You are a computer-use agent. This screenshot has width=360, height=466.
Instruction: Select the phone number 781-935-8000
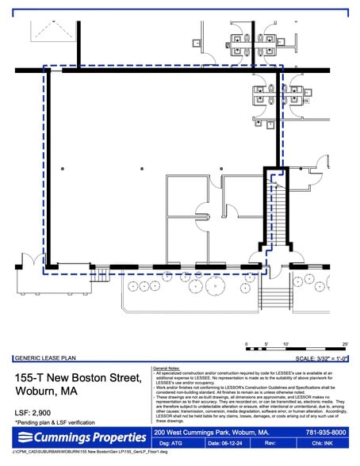coord(327,432)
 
